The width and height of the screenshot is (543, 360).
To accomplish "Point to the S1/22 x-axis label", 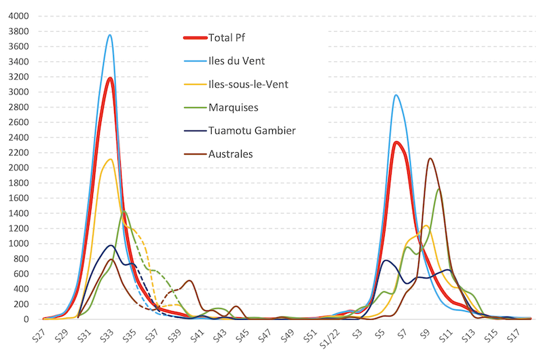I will [x=331, y=336].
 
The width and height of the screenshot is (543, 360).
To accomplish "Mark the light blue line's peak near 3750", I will [x=110, y=35].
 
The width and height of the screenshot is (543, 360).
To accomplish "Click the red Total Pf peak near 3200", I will [x=110, y=78].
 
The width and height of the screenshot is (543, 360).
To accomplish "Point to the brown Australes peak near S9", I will [x=430, y=159].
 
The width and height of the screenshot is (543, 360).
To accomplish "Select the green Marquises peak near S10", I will [x=438, y=190].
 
